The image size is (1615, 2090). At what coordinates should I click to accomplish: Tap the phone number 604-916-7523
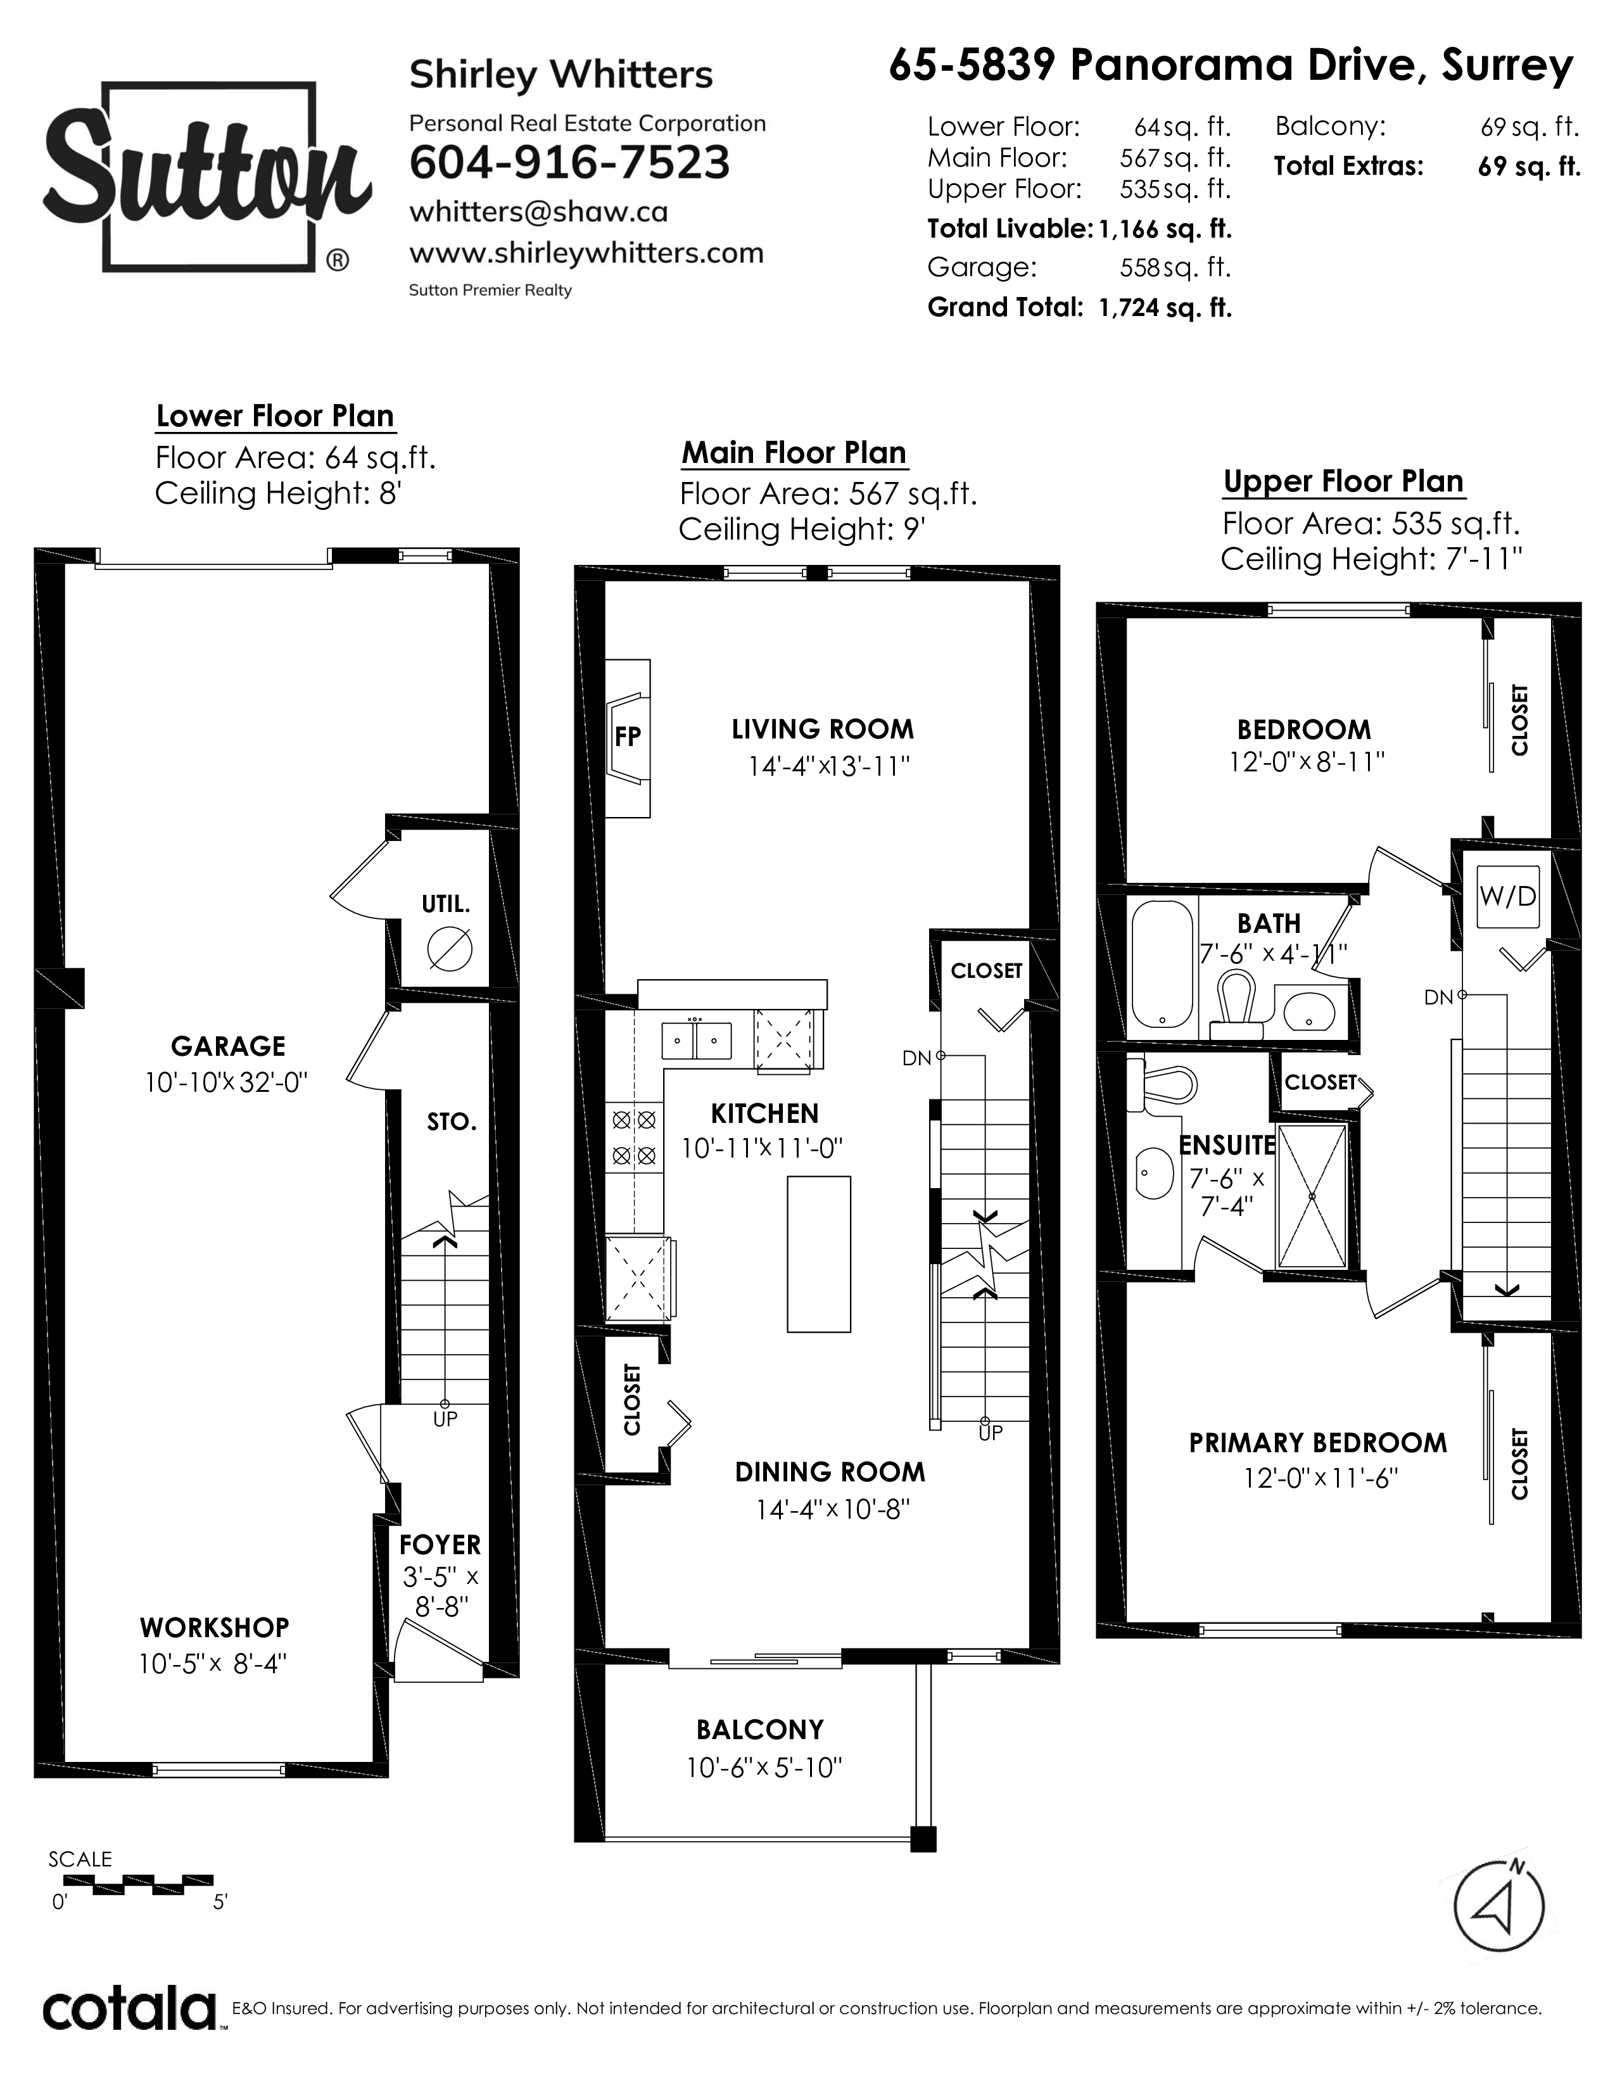click(x=569, y=163)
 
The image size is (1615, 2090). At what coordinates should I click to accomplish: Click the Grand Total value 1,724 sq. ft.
click(x=1165, y=308)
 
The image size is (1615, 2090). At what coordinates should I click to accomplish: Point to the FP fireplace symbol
click(x=628, y=737)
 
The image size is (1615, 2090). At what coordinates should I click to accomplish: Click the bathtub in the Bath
click(x=1162, y=966)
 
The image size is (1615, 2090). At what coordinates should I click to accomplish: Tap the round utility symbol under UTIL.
click(x=450, y=949)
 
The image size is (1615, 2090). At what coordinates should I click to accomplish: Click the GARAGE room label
click(x=228, y=1046)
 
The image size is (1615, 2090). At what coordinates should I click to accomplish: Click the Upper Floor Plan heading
click(x=1343, y=481)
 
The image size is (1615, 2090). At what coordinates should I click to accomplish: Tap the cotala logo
click(x=129, y=2009)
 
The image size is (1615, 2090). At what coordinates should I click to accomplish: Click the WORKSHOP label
click(x=214, y=1627)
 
